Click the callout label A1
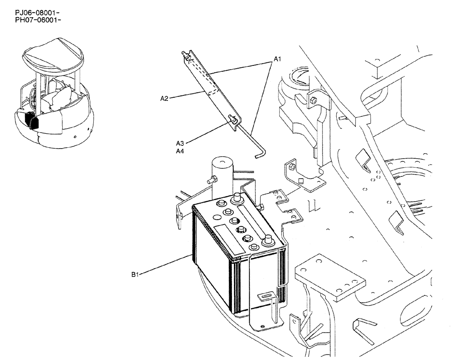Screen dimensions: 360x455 pyautogui.click(x=278, y=59)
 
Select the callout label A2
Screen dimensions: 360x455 pyautogui.click(x=165, y=97)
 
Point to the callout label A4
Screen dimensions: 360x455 pyautogui.click(x=180, y=151)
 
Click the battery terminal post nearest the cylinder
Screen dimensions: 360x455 pyautogui.click(x=237, y=198)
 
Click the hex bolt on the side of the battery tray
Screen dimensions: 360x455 pyautogui.click(x=261, y=208)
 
